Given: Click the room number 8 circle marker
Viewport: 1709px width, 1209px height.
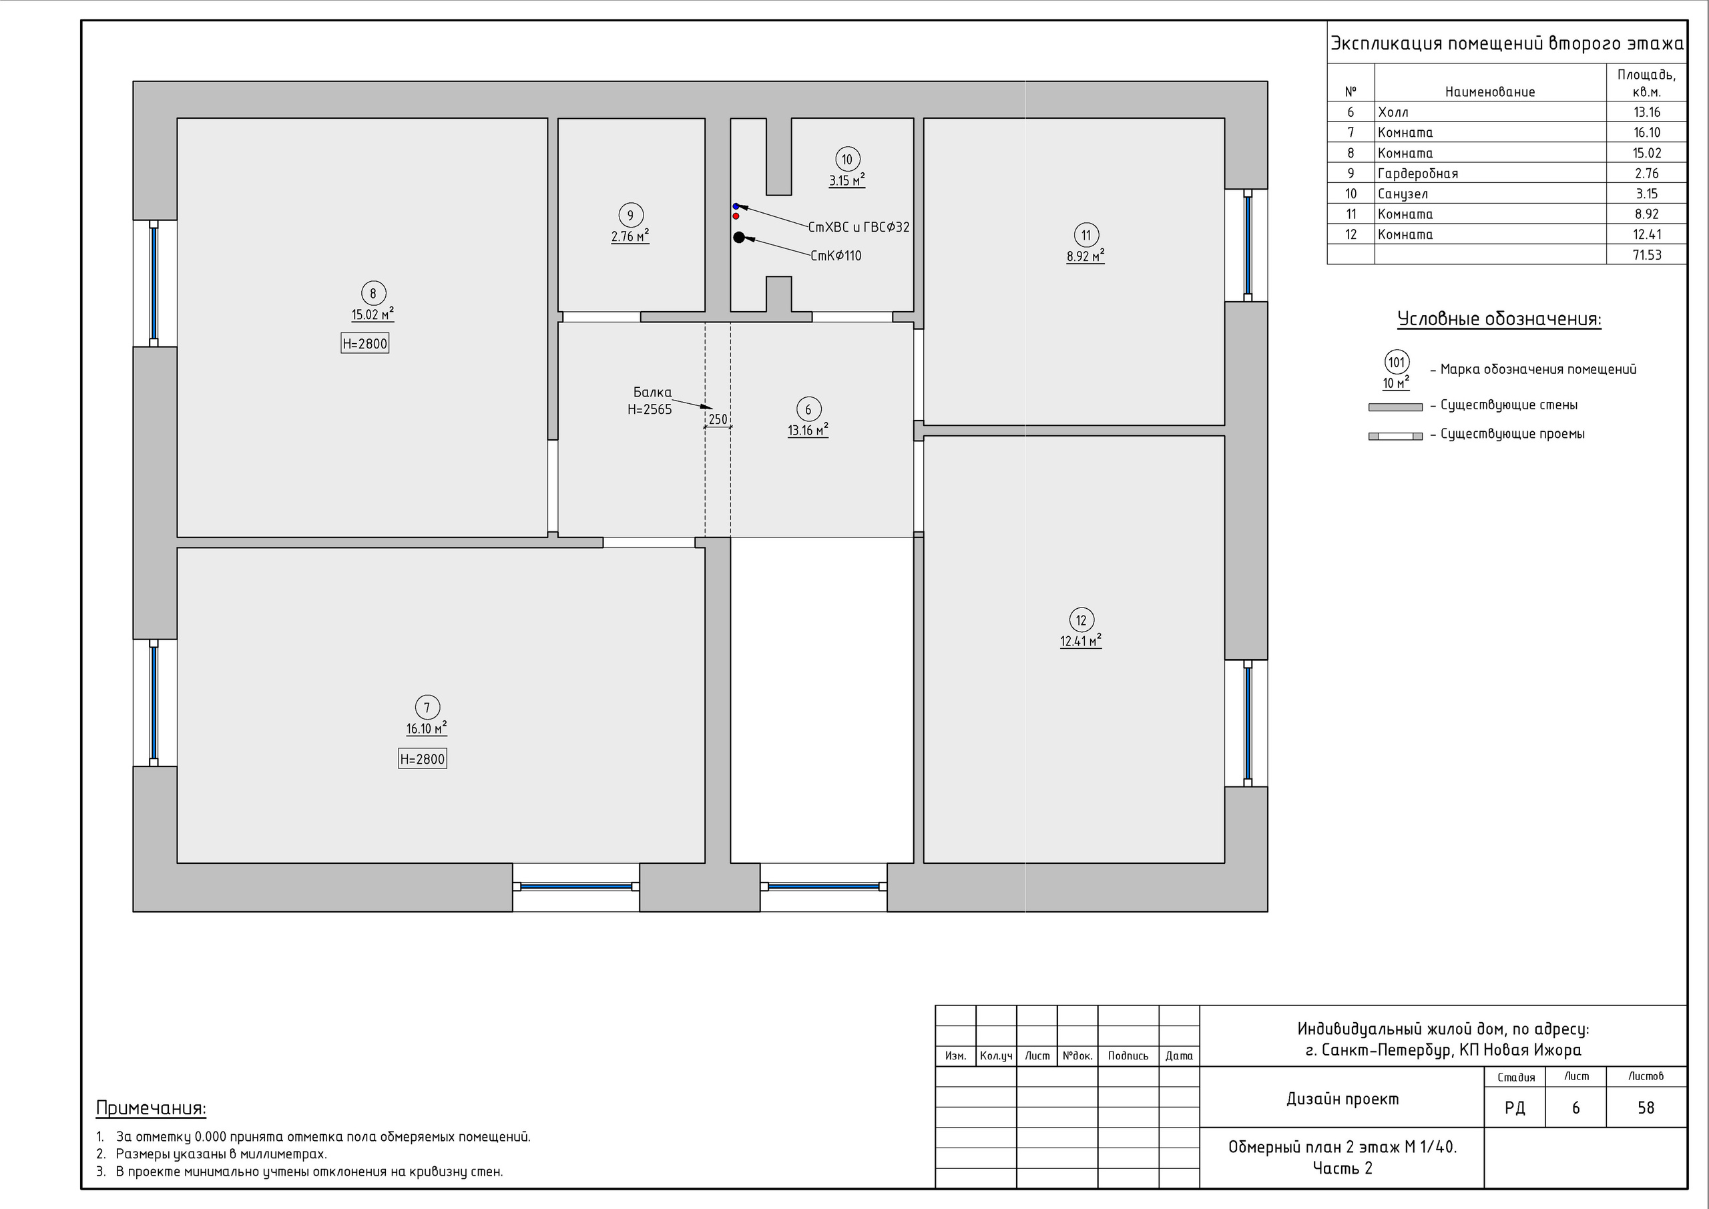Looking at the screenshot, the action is [x=373, y=293].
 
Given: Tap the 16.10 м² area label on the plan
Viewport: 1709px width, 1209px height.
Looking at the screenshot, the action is [x=427, y=729].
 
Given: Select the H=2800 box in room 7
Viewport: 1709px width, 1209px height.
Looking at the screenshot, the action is [x=422, y=759].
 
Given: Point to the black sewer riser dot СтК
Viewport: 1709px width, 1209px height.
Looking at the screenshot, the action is [x=738, y=238].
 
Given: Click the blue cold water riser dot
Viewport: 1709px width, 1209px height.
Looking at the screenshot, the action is [x=736, y=206].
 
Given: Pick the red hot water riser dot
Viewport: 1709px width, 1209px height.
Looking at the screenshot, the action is [x=736, y=216].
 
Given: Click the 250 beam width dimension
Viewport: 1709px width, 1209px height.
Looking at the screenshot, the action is [x=718, y=420].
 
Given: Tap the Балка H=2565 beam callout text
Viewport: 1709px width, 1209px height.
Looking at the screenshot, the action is [x=650, y=401].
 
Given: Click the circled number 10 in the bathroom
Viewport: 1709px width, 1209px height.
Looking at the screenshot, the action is [x=847, y=160].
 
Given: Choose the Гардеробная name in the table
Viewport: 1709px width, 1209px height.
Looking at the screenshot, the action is [x=1418, y=174].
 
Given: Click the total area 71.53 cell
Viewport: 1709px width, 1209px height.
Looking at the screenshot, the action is [x=1646, y=254].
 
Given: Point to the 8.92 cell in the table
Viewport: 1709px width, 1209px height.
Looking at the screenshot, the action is [x=1646, y=214].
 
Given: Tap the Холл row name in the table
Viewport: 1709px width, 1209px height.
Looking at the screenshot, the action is [x=1393, y=112].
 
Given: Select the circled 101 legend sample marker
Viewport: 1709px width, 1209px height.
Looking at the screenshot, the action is [x=1397, y=362].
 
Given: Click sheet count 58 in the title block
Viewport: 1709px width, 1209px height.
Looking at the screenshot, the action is [x=1646, y=1108].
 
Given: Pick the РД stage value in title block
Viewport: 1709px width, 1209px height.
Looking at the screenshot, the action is [x=1515, y=1108].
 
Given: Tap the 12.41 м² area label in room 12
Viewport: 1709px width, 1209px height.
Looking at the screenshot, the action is [x=1081, y=641].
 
